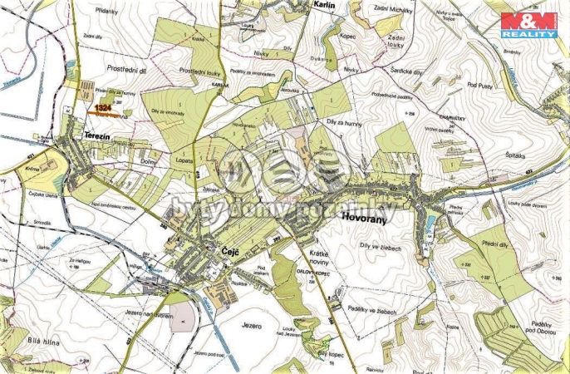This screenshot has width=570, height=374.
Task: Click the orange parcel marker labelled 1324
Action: tap(103, 108)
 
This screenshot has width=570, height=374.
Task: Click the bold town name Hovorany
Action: tap(364, 218)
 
